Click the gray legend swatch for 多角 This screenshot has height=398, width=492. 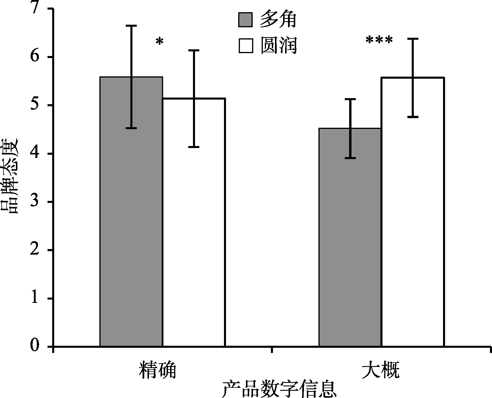pyautogui.click(x=245, y=20)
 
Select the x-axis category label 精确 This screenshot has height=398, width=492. pyautogui.click(x=158, y=370)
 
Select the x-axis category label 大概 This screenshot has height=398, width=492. pyautogui.click(x=381, y=370)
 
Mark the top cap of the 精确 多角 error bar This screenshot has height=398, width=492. pyautogui.click(x=131, y=26)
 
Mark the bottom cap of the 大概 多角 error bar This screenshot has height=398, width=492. pyautogui.click(x=350, y=158)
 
